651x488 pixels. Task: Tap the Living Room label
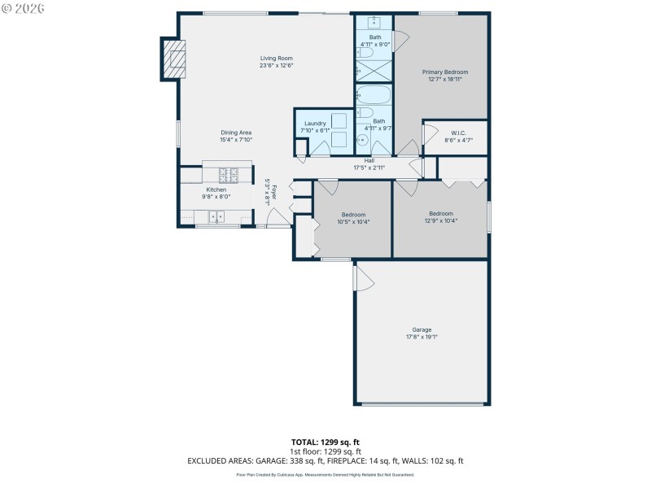tap(276, 59)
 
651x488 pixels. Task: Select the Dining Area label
tap(236, 133)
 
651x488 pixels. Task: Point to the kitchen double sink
tap(216, 216)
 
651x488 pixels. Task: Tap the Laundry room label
tap(315, 124)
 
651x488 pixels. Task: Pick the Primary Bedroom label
tap(444, 72)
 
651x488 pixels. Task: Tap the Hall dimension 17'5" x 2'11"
tap(369, 168)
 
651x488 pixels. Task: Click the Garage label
tap(422, 329)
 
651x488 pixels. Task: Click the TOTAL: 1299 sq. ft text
tap(325, 442)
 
